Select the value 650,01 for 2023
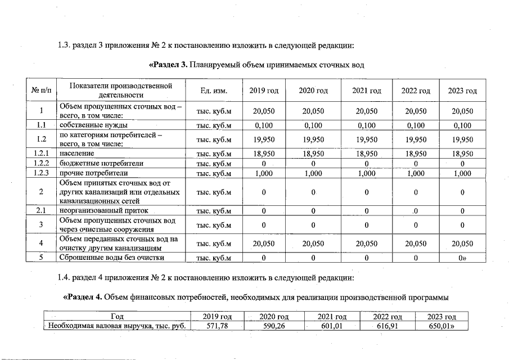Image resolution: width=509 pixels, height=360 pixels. [x=443, y=326]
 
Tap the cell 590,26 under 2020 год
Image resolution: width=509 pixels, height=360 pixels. [x=275, y=326]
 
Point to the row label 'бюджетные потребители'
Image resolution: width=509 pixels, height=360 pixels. [x=93, y=163]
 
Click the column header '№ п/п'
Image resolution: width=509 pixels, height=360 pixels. [x=40, y=91]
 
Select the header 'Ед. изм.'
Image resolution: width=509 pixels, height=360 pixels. [x=213, y=91]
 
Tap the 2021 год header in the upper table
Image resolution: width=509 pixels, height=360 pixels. [x=367, y=91]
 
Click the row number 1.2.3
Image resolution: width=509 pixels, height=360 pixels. [x=40, y=173]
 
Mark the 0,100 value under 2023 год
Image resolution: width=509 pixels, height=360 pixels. [x=462, y=125]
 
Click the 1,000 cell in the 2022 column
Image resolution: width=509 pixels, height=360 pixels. [x=415, y=173]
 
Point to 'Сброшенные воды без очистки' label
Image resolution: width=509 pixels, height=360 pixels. [x=112, y=258]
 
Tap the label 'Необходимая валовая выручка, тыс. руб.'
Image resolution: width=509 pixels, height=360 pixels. [x=117, y=326]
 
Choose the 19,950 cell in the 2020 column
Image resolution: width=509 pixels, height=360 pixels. [x=313, y=139]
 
